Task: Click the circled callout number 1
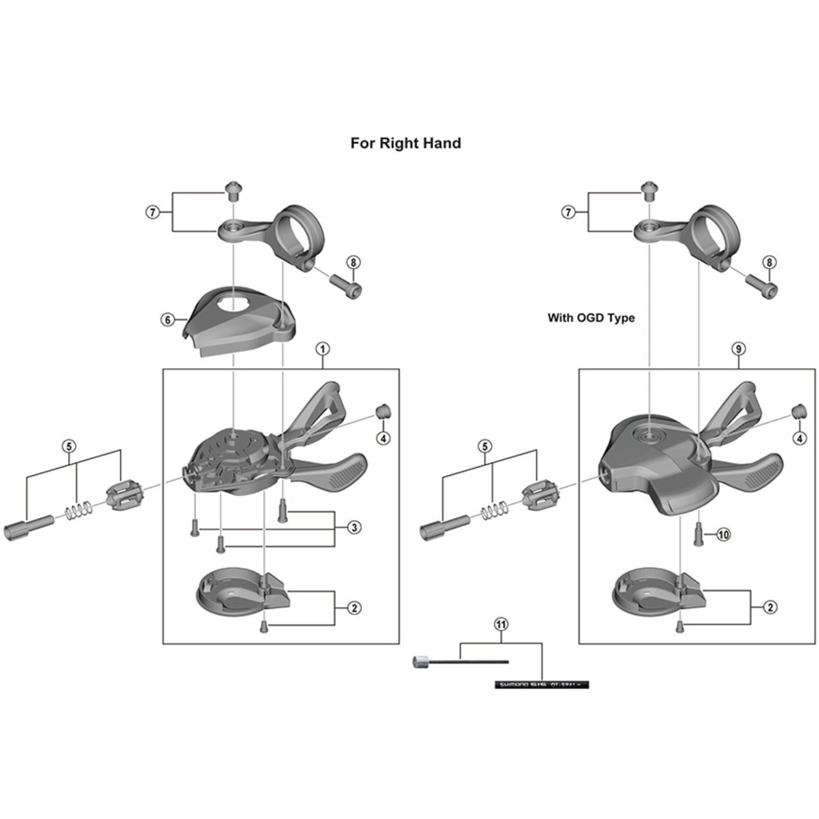[x=323, y=349]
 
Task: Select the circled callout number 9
[x=738, y=349]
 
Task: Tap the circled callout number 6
[x=167, y=320]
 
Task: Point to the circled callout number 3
[x=354, y=528]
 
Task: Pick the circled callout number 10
[x=723, y=534]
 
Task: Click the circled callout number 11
[x=501, y=624]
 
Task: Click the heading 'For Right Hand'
[x=406, y=143]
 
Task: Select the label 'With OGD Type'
[x=591, y=317]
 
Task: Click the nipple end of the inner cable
[x=419, y=662]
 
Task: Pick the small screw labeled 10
[x=698, y=534]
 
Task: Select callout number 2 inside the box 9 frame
[x=770, y=607]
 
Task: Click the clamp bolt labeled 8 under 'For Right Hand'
[x=346, y=286]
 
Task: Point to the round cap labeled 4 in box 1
[x=383, y=411]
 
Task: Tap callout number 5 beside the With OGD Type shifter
[x=485, y=446]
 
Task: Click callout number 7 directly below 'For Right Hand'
[x=153, y=212]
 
